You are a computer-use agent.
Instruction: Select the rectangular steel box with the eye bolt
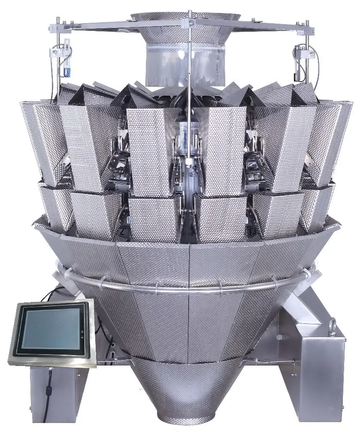(x=320, y=352)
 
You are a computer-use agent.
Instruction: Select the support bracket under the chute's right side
(x=296, y=309)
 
